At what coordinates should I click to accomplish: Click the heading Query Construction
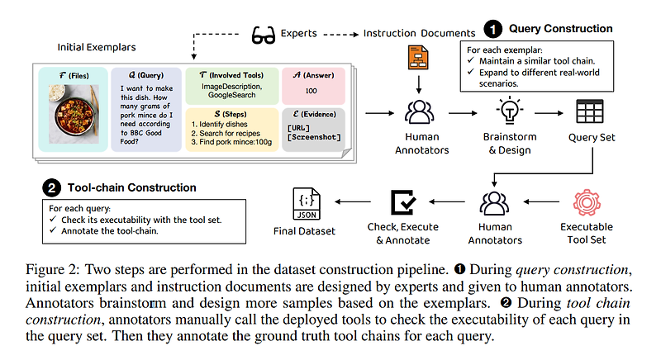click(560, 29)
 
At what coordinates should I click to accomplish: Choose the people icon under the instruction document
click(418, 110)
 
